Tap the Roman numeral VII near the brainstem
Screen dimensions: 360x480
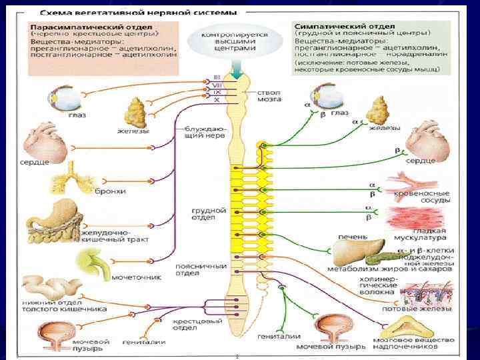(x=217, y=85)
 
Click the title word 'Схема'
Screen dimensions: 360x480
(x=57, y=11)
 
